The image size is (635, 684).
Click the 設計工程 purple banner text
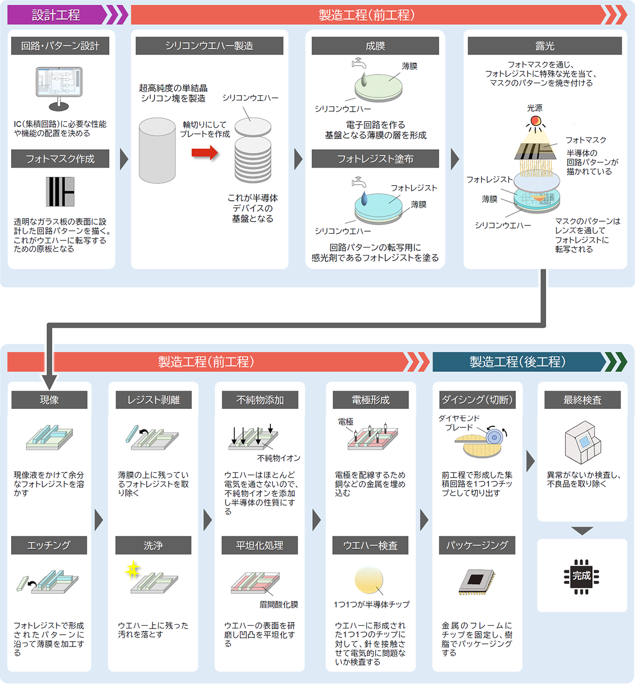click(56, 15)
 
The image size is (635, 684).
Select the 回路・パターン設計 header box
click(60, 46)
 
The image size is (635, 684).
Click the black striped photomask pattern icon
click(60, 191)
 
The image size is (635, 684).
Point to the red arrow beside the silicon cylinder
click(205, 153)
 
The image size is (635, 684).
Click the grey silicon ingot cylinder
click(157, 151)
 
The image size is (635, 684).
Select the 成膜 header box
click(375, 46)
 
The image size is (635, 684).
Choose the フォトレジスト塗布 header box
click(375, 159)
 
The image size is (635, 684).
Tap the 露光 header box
click(545, 46)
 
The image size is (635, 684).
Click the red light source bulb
click(536, 121)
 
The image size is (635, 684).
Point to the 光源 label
click(534, 108)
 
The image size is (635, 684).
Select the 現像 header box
click(49, 400)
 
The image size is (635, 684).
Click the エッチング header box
click(49, 545)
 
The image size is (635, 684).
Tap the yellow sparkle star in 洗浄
click(132, 570)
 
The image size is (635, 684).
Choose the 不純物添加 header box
click(260, 400)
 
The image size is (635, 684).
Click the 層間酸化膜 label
click(278, 604)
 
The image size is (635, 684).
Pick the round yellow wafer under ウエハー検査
click(369, 580)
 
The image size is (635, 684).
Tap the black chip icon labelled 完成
click(582, 576)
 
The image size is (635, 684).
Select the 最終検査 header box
click(582, 400)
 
